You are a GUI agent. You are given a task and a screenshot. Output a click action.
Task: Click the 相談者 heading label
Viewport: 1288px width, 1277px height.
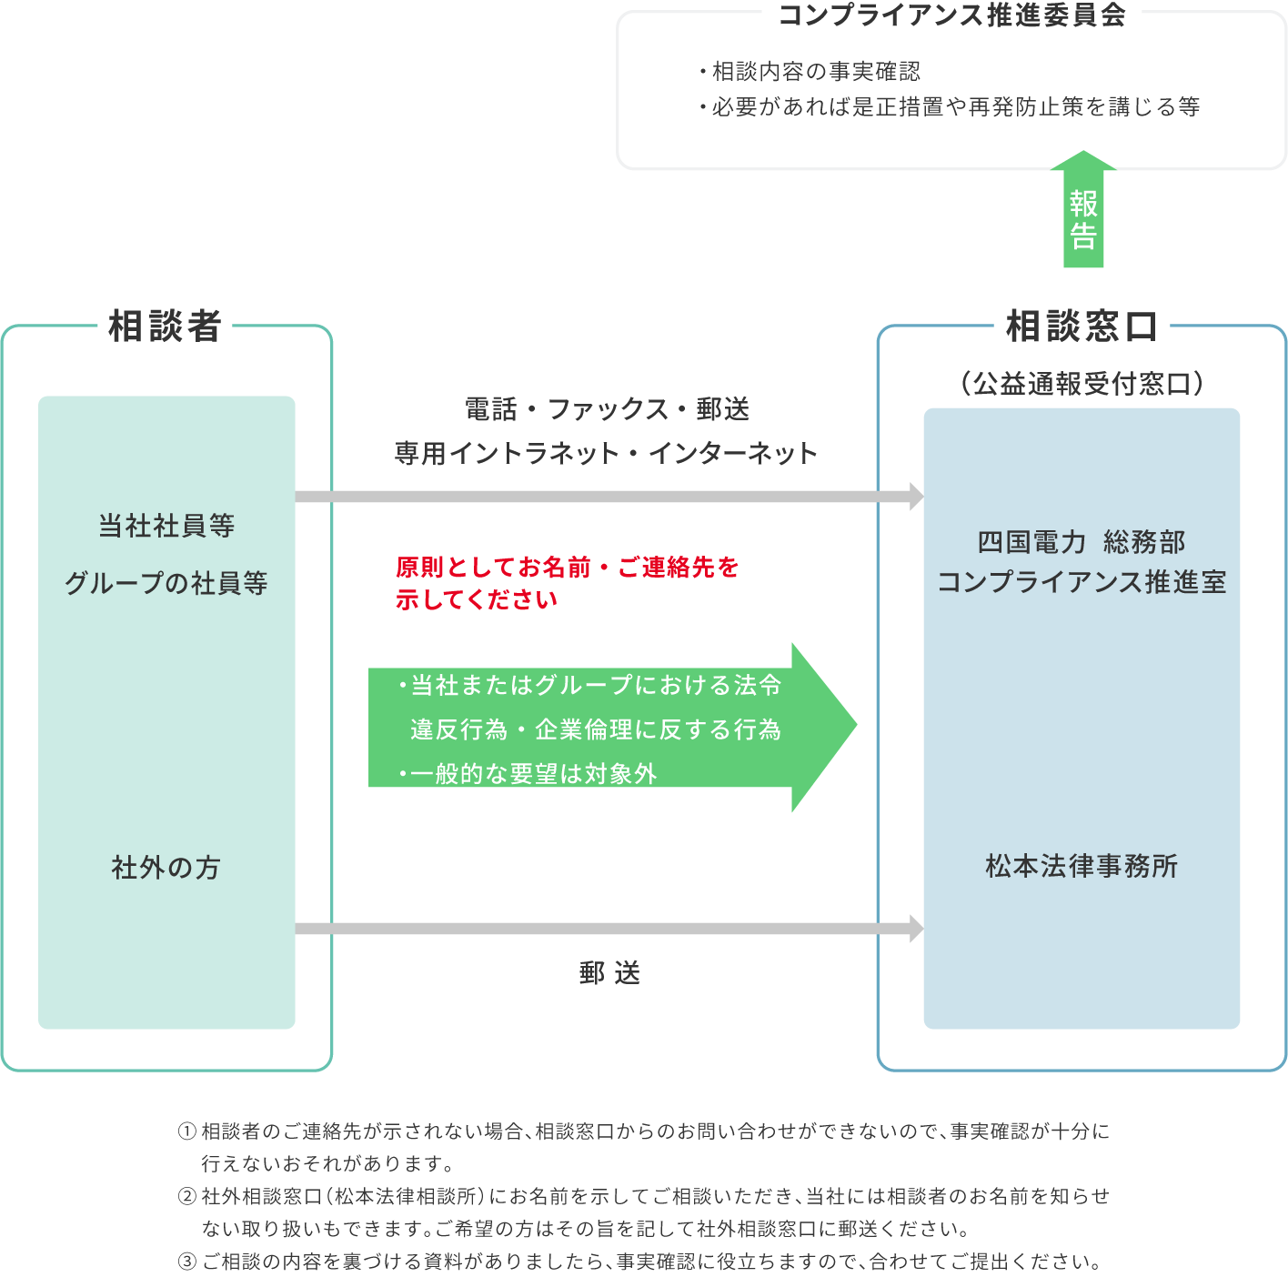(x=165, y=326)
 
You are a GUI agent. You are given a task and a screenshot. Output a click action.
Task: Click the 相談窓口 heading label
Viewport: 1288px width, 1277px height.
(x=1082, y=326)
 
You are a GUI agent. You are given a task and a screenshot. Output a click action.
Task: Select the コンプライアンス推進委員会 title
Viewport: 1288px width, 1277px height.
(x=951, y=15)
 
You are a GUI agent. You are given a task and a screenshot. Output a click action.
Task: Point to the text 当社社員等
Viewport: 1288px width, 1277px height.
(x=166, y=526)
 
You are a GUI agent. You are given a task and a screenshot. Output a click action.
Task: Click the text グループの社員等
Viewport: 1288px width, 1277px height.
(x=166, y=583)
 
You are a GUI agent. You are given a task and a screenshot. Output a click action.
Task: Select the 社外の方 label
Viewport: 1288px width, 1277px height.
(x=166, y=868)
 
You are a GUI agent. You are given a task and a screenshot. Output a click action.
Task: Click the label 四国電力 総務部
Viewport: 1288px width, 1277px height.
(x=1082, y=542)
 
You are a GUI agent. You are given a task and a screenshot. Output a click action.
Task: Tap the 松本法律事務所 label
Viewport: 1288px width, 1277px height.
(x=1082, y=866)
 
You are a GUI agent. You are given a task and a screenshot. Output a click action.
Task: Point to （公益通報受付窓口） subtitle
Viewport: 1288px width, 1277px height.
(x=1082, y=384)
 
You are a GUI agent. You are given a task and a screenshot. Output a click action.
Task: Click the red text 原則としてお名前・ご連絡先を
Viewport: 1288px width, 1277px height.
(x=567, y=568)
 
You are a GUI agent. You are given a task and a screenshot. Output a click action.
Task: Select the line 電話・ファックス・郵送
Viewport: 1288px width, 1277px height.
(x=607, y=409)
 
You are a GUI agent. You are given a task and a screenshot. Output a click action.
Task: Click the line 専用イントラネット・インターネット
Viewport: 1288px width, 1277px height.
(x=607, y=453)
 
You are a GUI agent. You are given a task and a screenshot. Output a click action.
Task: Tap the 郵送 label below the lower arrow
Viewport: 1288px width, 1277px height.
(x=609, y=973)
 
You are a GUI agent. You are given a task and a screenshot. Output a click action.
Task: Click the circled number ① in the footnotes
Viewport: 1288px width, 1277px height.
(x=186, y=1131)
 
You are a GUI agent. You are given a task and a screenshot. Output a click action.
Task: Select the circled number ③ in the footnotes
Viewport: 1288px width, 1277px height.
(x=186, y=1262)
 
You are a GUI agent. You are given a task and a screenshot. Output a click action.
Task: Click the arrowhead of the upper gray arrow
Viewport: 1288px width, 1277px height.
(x=916, y=497)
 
